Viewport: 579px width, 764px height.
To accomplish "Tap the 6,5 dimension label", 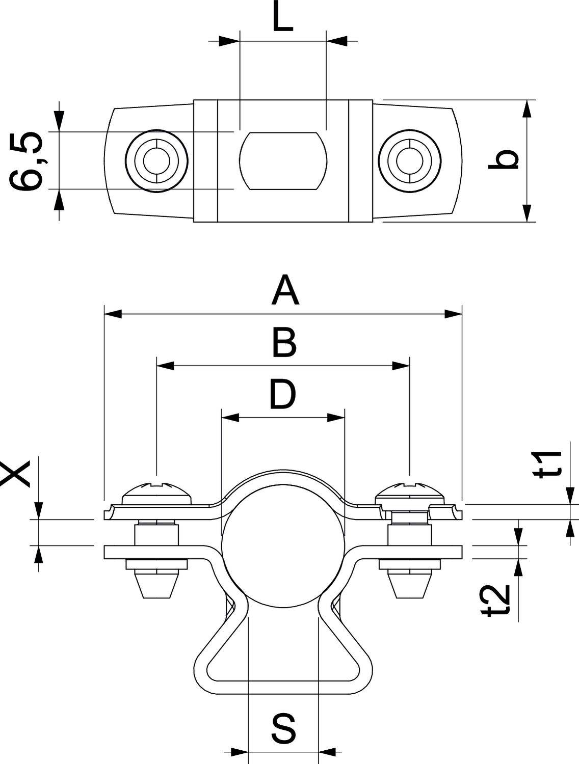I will coord(27,161).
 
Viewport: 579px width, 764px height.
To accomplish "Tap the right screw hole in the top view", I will coord(409,160).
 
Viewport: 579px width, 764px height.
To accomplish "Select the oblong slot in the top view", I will coord(283,160).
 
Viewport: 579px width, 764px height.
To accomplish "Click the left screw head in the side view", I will coord(157,491).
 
